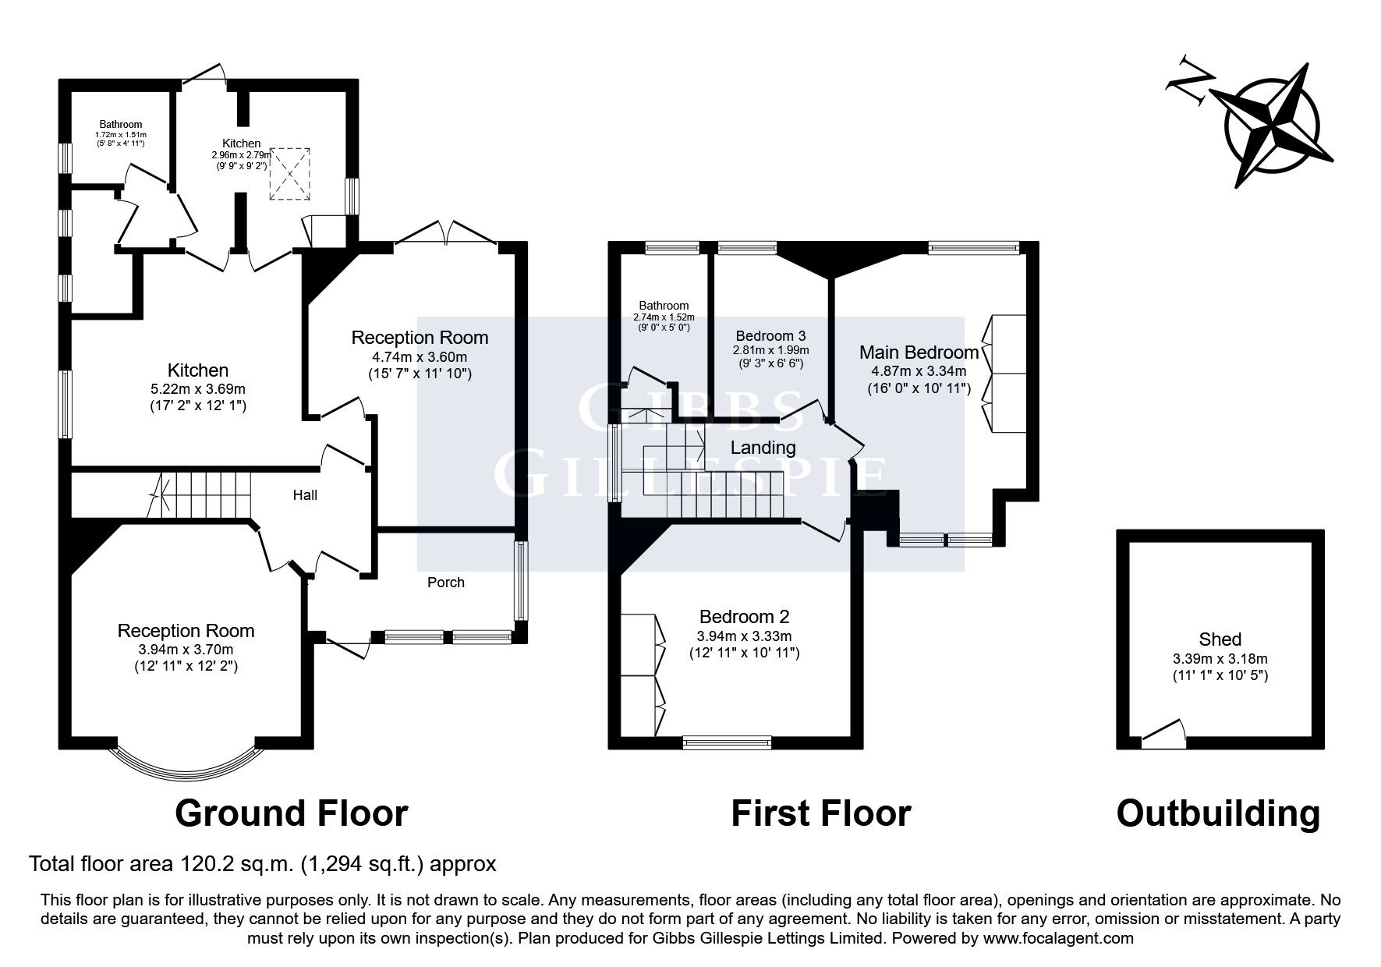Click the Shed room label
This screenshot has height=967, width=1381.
(1220, 639)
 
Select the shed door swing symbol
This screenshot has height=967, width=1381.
(1165, 735)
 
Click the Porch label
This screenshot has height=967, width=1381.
(446, 583)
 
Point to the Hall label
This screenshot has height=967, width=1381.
(305, 495)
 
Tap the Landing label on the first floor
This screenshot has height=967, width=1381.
(763, 448)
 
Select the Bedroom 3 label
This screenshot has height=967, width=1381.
(770, 336)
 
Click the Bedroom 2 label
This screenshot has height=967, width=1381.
(744, 617)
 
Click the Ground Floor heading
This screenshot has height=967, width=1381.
(291, 813)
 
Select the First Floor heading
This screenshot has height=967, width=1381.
(820, 813)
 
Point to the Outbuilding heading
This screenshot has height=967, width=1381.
(1218, 813)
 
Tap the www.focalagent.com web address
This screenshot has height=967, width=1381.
(1058, 938)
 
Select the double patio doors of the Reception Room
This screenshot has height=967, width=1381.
(448, 233)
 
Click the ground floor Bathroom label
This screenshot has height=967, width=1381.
(121, 124)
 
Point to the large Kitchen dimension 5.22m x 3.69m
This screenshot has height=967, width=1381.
(198, 388)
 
